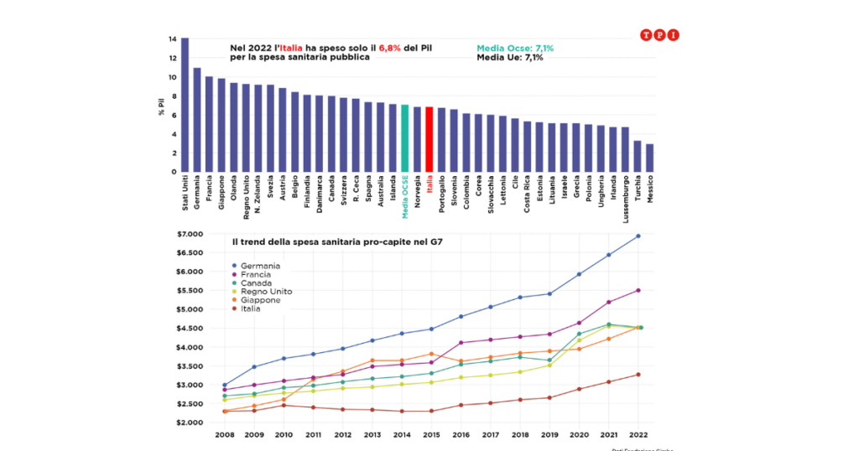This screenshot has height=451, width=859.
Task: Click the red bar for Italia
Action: pyautogui.click(x=429, y=139)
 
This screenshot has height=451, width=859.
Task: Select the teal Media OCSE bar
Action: pyautogui.click(x=405, y=138)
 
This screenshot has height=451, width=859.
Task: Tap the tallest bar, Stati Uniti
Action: pyautogui.click(x=185, y=105)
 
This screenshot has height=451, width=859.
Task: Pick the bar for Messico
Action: pyautogui.click(x=649, y=158)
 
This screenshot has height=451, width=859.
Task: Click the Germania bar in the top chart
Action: pyautogui.click(x=197, y=120)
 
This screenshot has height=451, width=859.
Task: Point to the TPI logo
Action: pyautogui.click(x=659, y=34)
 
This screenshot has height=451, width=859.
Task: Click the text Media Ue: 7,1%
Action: pyautogui.click(x=509, y=58)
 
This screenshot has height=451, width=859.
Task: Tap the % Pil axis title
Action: pyautogui.click(x=161, y=106)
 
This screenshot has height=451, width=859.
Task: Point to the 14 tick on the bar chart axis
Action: pyautogui.click(x=172, y=39)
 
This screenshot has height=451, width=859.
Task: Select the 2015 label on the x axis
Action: pyautogui.click(x=431, y=436)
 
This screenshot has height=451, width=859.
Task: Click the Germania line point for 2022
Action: pyautogui.click(x=638, y=236)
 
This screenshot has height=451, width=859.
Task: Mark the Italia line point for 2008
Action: pyautogui.click(x=225, y=411)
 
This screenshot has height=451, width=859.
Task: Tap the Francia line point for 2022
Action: pyautogui.click(x=638, y=290)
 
